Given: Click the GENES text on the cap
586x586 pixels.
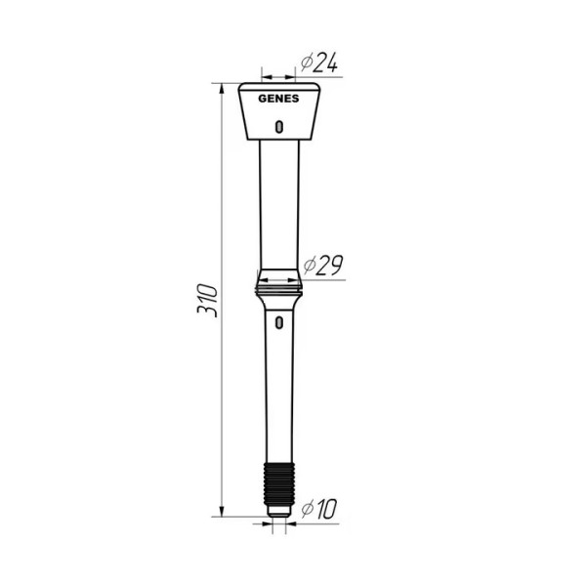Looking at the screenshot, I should (x=278, y=98).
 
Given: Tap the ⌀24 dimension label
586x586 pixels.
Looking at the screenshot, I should (x=319, y=63).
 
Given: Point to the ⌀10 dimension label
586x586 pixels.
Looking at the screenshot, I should (x=319, y=509).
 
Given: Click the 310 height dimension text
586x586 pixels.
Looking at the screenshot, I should (x=207, y=299).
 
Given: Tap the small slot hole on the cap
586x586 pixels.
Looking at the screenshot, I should (x=279, y=125).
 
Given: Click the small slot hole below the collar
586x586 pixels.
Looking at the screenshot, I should (x=279, y=321).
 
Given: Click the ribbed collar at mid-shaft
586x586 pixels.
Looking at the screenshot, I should (x=279, y=283).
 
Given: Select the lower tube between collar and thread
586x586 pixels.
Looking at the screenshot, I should (x=279, y=391).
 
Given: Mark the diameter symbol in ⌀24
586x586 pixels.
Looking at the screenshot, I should (x=307, y=63).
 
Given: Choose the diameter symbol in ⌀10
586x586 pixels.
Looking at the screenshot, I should (x=306, y=509).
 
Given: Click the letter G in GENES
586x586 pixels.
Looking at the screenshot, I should (x=262, y=98).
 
